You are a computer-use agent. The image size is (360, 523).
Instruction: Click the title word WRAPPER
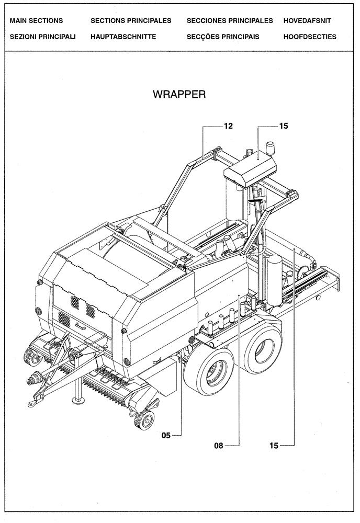click(x=179, y=94)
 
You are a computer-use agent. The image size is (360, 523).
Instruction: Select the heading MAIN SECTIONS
click(x=36, y=21)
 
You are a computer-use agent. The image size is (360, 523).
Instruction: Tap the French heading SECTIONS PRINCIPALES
click(x=131, y=21)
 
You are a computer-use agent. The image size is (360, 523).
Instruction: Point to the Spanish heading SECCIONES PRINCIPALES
click(x=230, y=21)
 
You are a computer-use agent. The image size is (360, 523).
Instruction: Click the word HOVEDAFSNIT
click(x=307, y=21)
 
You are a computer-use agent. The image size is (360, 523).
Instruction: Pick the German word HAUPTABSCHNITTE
click(x=123, y=37)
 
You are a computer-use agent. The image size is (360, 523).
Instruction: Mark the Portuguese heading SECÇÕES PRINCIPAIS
click(x=223, y=37)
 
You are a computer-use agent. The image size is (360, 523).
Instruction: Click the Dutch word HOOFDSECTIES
click(x=310, y=37)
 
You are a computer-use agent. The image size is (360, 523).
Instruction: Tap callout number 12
click(x=228, y=126)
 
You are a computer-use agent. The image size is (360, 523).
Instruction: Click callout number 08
click(x=219, y=446)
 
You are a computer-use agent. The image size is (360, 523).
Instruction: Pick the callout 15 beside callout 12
click(x=283, y=126)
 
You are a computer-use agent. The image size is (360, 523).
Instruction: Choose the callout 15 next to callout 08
click(x=274, y=446)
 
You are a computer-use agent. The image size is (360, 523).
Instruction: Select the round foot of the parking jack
click(x=79, y=401)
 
